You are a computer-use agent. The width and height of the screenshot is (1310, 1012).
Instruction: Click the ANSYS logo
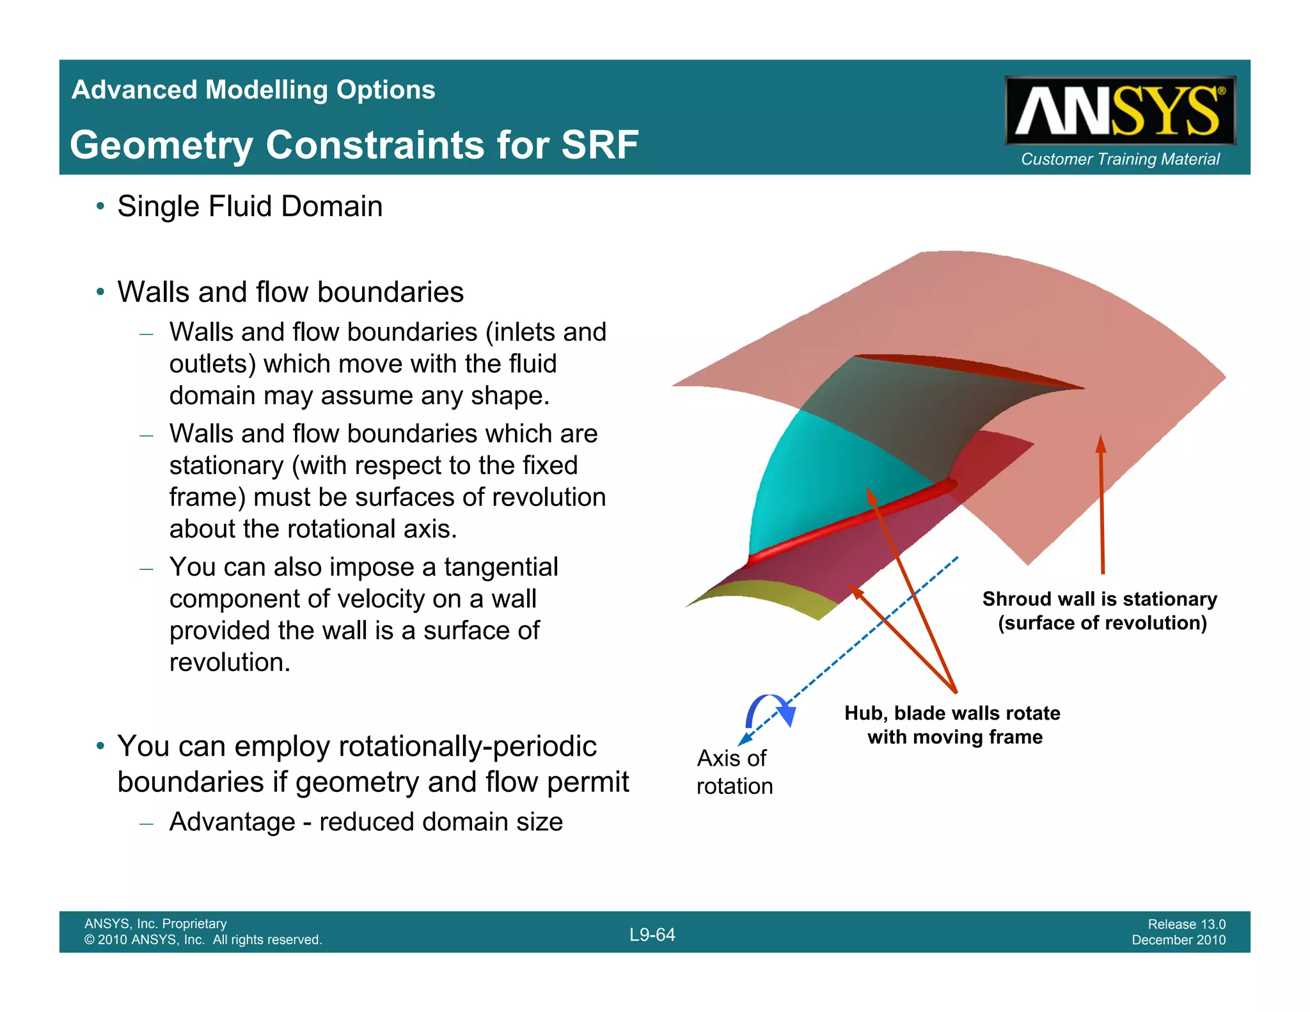1119,111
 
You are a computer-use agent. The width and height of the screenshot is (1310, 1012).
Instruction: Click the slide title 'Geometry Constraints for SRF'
354,145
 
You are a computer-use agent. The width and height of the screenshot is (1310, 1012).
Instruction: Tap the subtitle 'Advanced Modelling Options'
253,90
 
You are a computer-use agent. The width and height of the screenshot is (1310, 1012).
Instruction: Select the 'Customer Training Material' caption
1119,159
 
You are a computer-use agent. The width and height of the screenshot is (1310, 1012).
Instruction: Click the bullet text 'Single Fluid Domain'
249,207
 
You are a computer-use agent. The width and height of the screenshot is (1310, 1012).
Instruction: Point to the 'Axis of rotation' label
734,771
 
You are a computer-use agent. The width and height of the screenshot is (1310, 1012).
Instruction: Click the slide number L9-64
652,935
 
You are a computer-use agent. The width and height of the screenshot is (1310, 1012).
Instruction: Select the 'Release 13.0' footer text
1186,924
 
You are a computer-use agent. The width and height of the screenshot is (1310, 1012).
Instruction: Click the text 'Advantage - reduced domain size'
366,822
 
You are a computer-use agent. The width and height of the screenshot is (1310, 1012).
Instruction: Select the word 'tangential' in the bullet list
501,567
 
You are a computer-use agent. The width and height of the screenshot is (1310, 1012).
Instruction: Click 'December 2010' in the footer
1178,940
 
